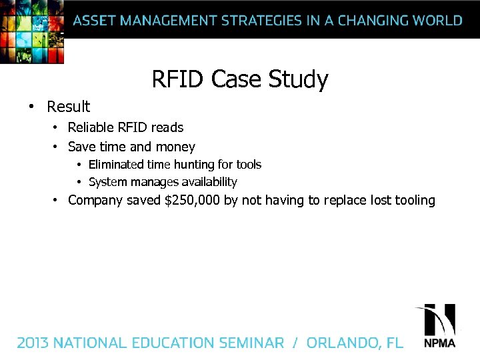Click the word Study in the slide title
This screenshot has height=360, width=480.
tap(298, 80)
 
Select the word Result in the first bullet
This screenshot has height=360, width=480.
tap(68, 107)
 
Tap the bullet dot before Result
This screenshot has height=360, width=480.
tap(31, 107)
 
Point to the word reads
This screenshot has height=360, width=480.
tap(167, 127)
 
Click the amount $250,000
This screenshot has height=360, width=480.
tap(192, 200)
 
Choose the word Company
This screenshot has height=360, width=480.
tap(96, 200)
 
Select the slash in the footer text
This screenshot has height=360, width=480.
tap(295, 343)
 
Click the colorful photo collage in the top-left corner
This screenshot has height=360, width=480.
tap(31, 31)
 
